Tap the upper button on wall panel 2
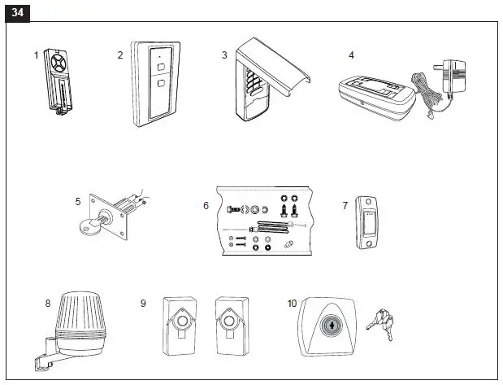coord(161,66)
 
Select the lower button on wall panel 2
coord(161,83)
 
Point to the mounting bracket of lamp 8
coord(43,354)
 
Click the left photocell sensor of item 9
coord(180,324)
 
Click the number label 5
coord(78,200)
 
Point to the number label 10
coord(292,303)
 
